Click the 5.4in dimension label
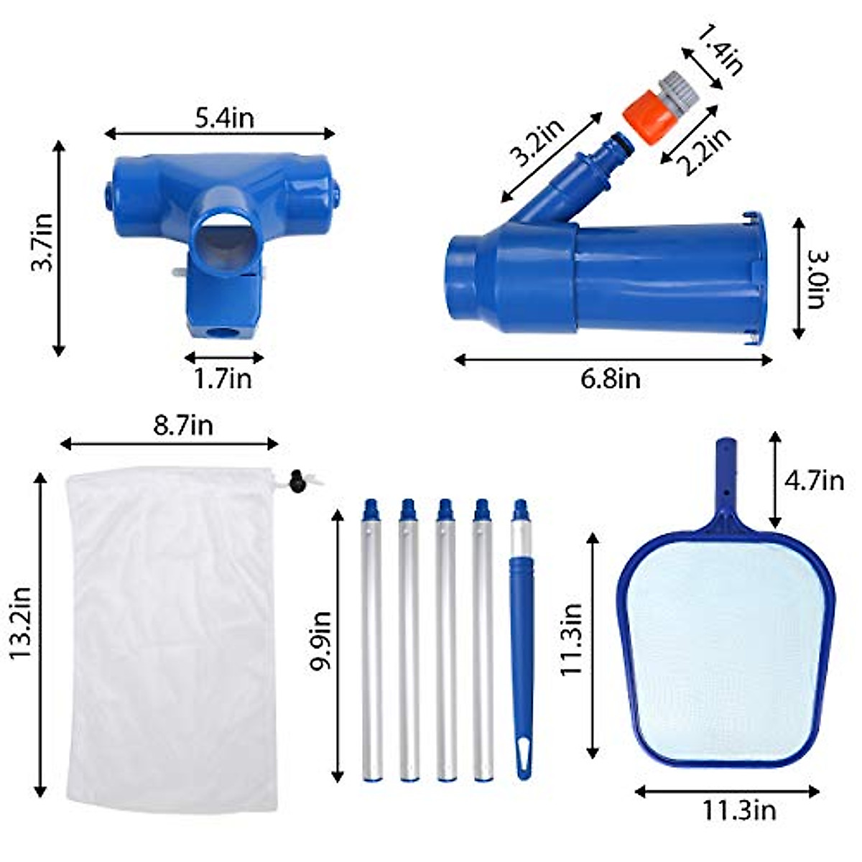[224, 117]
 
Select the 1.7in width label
[223, 378]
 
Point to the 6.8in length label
[610, 378]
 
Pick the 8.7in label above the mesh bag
[182, 425]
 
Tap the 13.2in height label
[21, 622]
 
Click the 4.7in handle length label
[814, 479]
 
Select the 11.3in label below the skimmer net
[739, 811]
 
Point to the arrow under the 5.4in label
[219, 133]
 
